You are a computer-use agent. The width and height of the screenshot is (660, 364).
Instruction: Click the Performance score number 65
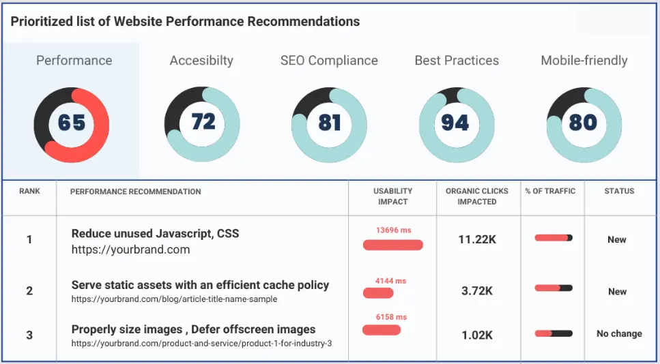pos(72,123)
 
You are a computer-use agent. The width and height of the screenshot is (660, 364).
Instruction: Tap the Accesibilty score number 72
pos(203,122)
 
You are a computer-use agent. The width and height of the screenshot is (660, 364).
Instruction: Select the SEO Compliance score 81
pos(329,123)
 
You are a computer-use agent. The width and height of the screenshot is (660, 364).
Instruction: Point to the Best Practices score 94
pos(455,123)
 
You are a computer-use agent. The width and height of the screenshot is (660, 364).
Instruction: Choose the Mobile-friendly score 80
pos(583,123)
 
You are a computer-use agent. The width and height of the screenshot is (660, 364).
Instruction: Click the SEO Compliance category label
pos(329,61)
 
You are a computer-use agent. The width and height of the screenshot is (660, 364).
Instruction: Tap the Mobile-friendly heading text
pos(584,61)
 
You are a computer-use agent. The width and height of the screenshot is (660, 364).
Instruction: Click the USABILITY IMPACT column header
pos(392,196)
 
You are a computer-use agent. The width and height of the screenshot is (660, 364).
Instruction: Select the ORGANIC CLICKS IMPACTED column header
pos(477,196)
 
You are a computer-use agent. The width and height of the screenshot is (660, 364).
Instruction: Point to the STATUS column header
pos(618,192)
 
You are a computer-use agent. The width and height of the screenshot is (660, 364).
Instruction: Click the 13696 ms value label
pos(393,230)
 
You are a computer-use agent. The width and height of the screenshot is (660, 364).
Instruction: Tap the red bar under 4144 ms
pos(378,293)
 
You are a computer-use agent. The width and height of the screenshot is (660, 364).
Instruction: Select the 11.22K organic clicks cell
pos(476,239)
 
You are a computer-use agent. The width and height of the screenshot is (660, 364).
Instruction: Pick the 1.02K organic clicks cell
pos(476,334)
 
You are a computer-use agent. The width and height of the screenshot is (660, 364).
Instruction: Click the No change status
pos(618,334)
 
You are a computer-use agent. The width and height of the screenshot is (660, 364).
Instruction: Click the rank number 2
pos(29,291)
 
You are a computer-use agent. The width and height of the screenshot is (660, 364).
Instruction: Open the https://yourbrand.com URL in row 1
pos(130,250)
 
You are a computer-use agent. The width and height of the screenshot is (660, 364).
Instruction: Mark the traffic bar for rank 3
pos(553,334)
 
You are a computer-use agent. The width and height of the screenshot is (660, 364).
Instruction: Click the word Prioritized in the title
pos(42,21)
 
